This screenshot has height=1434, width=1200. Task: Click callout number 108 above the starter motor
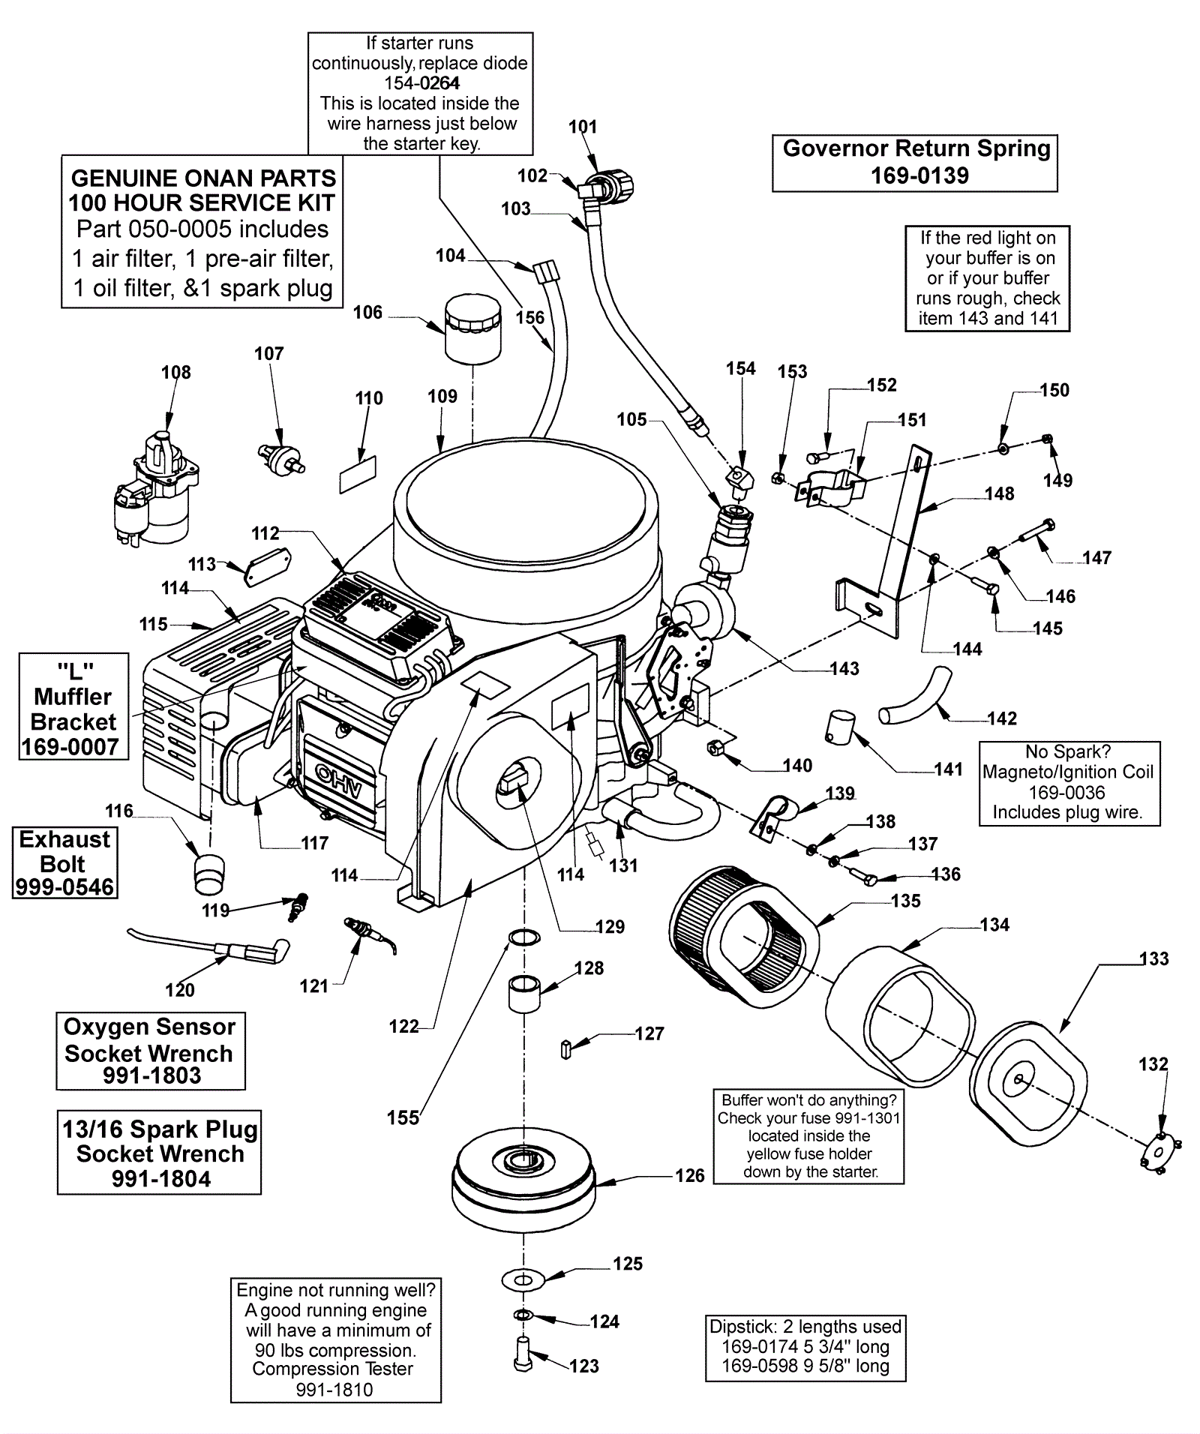(x=176, y=372)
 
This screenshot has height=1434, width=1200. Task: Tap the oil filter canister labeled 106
(x=472, y=328)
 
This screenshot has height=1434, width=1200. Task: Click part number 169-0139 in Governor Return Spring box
(x=919, y=175)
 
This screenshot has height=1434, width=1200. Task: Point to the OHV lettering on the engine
(x=338, y=781)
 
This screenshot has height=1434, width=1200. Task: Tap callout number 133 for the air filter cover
(x=1153, y=958)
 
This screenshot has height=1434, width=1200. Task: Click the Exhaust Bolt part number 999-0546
(x=65, y=887)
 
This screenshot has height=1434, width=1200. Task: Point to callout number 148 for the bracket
(x=999, y=493)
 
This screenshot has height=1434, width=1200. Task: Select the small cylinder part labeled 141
(x=841, y=727)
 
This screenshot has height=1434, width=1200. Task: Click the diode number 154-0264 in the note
(x=422, y=83)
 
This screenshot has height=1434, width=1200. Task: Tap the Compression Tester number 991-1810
(x=334, y=1389)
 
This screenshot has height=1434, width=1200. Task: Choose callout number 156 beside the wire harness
(x=529, y=317)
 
